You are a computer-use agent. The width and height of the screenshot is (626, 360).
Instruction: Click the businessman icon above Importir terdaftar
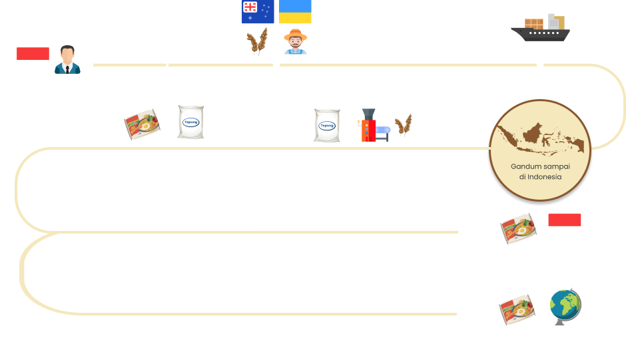(67, 59)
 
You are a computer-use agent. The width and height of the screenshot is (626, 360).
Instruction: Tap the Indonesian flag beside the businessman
(33, 59)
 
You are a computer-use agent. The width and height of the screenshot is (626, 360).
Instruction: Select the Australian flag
(258, 12)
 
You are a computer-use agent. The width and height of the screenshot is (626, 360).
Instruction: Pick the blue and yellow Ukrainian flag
(295, 12)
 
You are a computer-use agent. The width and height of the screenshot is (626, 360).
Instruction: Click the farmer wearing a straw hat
(295, 42)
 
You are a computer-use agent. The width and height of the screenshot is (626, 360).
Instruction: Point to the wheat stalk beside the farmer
(257, 43)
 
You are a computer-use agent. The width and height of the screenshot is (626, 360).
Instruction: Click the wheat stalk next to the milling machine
(404, 125)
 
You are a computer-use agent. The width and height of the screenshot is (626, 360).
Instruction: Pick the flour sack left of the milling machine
(327, 126)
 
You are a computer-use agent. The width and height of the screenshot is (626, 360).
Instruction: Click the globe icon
(565, 307)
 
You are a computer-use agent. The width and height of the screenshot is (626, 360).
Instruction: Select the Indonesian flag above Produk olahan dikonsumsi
(564, 226)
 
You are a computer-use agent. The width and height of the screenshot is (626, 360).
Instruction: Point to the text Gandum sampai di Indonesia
(540, 171)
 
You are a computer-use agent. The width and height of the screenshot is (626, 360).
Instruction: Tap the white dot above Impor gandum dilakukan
(540, 65)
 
